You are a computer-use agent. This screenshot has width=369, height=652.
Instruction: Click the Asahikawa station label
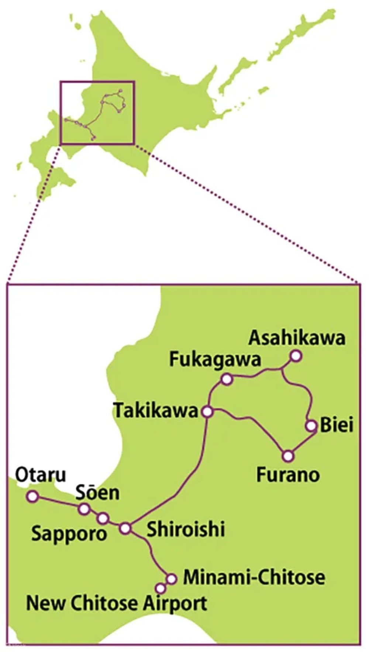[x=297, y=338]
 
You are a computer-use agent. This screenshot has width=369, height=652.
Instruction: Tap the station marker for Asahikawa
[x=296, y=356]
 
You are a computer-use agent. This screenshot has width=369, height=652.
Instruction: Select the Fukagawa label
[x=215, y=360]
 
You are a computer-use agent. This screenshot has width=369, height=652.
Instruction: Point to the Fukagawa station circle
[x=227, y=379]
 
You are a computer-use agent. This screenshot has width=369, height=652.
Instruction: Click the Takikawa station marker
[x=207, y=412]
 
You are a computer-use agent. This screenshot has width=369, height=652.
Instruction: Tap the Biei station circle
[x=311, y=426]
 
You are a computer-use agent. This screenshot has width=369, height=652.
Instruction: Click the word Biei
[x=337, y=426]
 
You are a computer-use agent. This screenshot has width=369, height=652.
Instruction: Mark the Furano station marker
[x=289, y=456]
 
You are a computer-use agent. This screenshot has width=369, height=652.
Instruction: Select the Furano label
[x=288, y=475]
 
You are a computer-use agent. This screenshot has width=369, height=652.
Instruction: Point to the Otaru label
[x=40, y=476]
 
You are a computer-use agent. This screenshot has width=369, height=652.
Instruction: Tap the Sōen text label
[x=97, y=493]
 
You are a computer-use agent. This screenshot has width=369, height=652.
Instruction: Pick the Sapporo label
[x=69, y=533]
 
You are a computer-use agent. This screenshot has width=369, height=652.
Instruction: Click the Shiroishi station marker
[x=125, y=528]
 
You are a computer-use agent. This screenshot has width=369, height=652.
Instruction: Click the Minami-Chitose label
[x=254, y=577]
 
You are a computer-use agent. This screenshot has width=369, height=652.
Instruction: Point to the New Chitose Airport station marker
[x=160, y=588]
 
